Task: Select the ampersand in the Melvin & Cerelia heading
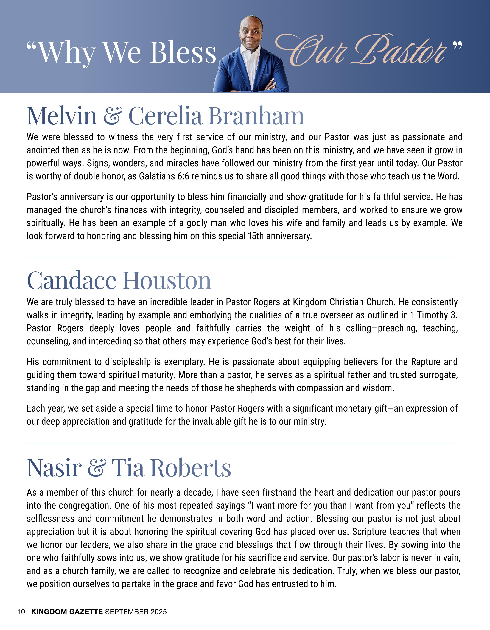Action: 113,116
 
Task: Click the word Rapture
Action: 423,362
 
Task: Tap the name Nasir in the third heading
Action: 54,468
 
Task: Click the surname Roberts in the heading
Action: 191,468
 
